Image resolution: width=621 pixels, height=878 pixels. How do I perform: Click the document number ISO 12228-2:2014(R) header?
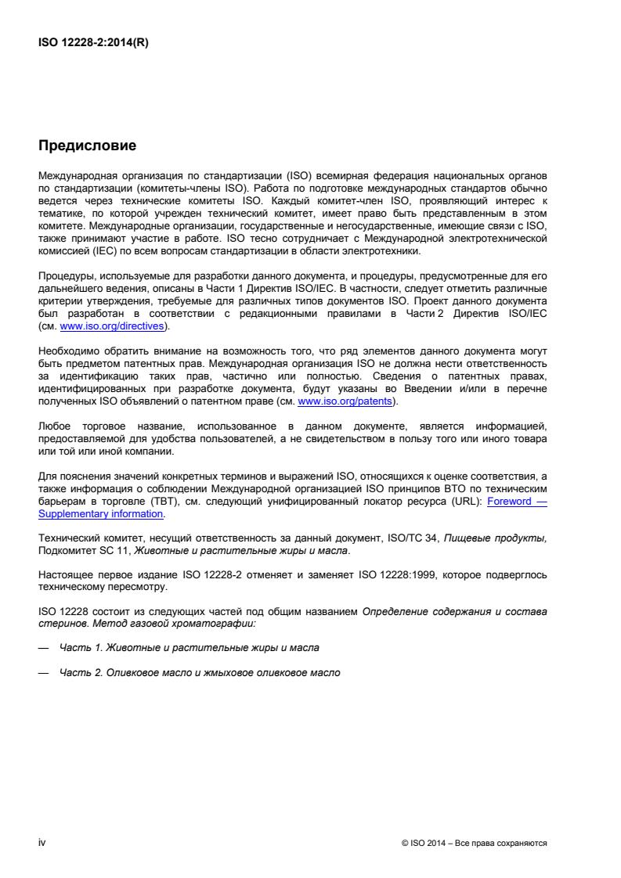pyautogui.click(x=93, y=43)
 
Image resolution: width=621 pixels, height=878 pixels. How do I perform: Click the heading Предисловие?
pyautogui.click(x=87, y=146)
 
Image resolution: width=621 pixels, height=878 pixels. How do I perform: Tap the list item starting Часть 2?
pyautogui.click(x=200, y=672)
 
